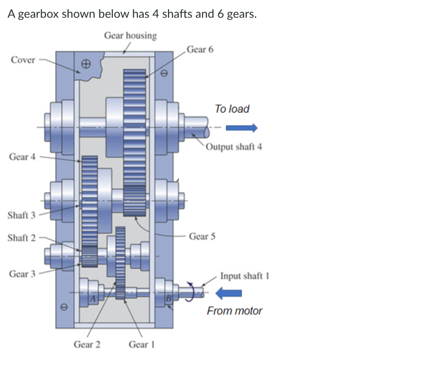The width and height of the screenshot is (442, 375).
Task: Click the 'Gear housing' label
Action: (x=130, y=35)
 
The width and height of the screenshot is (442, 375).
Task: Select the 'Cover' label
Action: (x=23, y=60)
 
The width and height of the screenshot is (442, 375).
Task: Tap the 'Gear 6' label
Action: (x=200, y=49)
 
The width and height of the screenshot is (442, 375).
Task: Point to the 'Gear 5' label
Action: (x=202, y=236)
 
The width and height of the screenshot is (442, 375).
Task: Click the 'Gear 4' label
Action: (x=22, y=157)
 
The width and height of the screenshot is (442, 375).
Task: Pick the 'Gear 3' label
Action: (x=22, y=274)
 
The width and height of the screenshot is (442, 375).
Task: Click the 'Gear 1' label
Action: (x=141, y=344)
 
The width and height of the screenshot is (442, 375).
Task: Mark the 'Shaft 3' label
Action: (x=22, y=215)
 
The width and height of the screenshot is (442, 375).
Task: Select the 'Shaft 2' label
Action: (x=22, y=238)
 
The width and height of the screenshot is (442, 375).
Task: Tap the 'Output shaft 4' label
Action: (x=234, y=146)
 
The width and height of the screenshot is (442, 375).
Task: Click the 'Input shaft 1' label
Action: (x=244, y=276)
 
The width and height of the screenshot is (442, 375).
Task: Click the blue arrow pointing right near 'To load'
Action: (x=242, y=127)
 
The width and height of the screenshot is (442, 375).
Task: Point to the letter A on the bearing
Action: (x=92, y=297)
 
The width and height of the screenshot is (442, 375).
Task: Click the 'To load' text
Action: (x=232, y=109)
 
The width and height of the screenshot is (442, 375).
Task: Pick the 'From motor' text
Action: (x=234, y=311)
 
